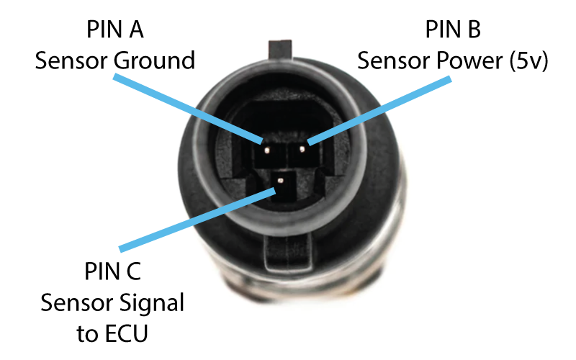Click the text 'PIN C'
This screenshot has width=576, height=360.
coord(112,272)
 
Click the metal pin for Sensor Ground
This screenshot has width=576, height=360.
coord(266,151)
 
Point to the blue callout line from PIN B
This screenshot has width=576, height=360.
coord(382,108)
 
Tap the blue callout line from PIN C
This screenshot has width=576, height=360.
coord(194,220)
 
